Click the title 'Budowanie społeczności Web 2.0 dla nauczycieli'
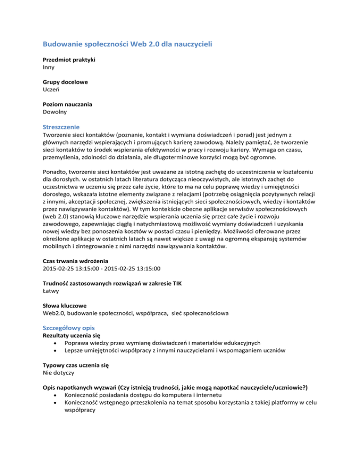tap(132, 45)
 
